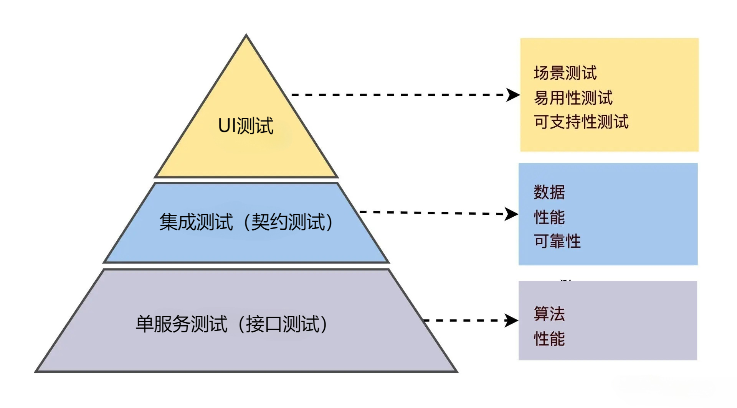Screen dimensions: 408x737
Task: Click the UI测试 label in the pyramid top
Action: click(246, 125)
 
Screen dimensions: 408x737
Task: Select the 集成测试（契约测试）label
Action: click(246, 222)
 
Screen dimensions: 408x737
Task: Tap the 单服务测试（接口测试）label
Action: click(231, 324)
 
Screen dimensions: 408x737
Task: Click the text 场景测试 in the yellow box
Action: click(565, 73)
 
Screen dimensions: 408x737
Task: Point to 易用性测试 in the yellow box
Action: click(573, 98)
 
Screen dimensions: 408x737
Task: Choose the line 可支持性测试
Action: click(581, 122)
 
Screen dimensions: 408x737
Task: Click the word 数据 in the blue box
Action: click(549, 192)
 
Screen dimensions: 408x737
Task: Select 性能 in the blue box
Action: click(549, 217)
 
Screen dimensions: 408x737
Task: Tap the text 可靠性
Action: click(557, 242)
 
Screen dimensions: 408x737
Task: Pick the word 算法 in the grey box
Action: click(549, 314)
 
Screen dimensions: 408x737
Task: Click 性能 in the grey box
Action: click(549, 339)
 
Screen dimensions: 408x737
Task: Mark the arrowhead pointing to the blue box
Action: click(512, 214)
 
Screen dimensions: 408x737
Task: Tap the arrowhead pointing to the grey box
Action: click(512, 321)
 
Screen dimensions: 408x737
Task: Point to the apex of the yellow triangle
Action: click(246, 36)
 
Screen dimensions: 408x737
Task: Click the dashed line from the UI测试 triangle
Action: click(399, 95)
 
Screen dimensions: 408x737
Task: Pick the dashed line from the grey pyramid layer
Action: click(464, 321)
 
